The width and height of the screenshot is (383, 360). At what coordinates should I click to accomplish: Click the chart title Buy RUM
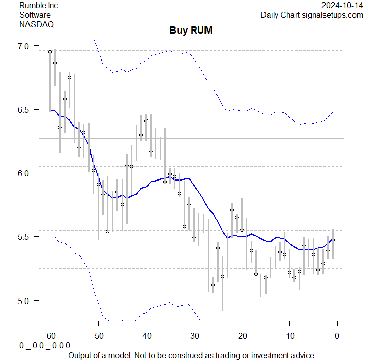coord(191,31)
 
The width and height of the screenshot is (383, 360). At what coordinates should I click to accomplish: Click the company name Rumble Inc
coord(39,6)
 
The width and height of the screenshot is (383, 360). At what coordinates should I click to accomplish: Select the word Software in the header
coord(36,15)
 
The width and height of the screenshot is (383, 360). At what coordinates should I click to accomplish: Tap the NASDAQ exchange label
coord(36,24)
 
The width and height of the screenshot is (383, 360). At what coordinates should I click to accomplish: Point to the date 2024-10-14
coord(342,6)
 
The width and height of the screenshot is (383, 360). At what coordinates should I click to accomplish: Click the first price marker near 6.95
coord(50,52)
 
